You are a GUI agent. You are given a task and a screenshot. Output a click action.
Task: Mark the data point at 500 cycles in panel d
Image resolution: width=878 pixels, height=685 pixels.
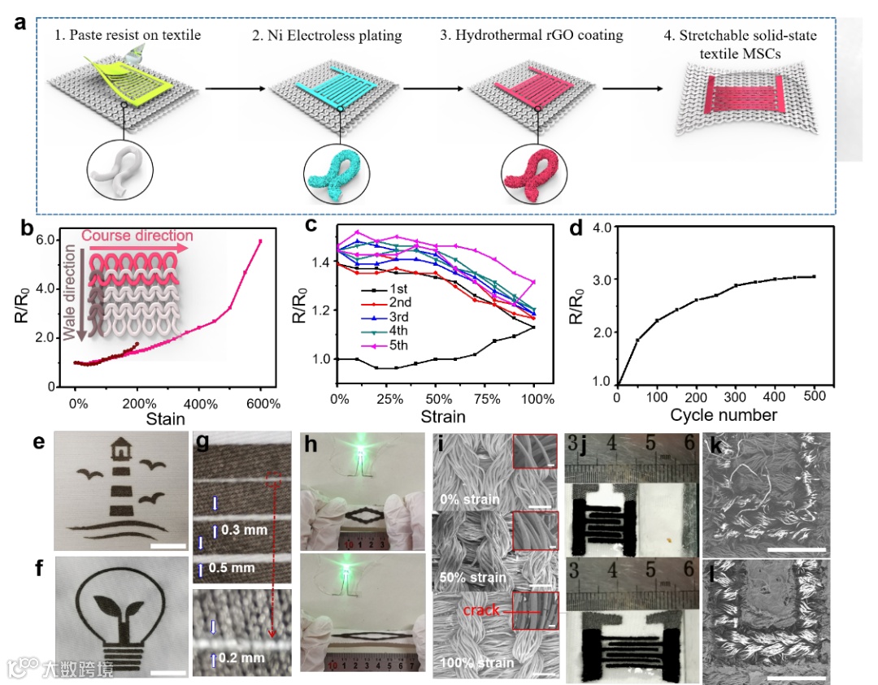point(814,276)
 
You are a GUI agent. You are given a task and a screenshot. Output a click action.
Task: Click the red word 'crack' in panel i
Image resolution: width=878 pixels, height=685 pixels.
point(484,609)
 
